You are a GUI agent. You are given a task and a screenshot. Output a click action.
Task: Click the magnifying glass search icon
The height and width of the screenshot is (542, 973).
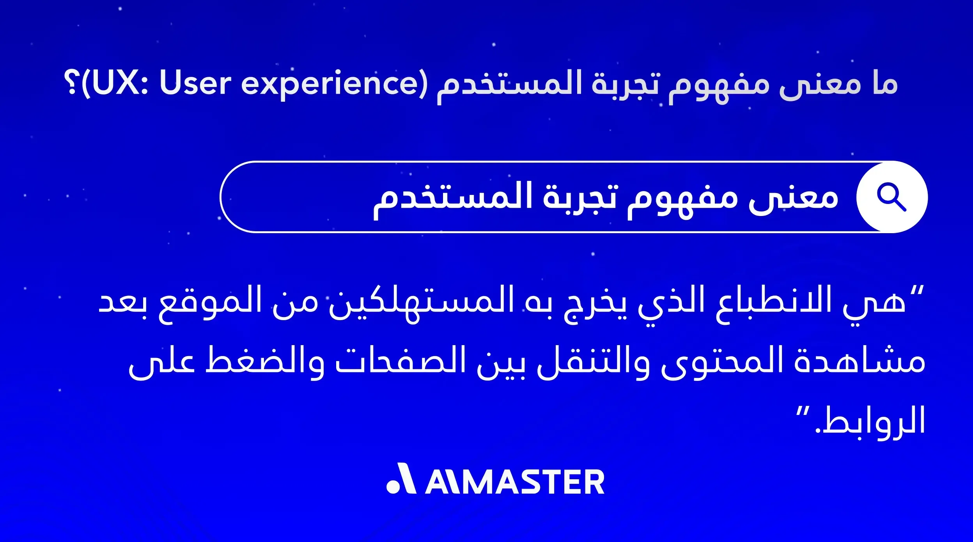pos(891,197)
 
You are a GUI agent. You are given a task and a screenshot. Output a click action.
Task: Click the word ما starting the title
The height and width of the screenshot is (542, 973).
pos(885,83)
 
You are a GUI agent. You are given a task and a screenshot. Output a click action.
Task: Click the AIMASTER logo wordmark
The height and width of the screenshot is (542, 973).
pos(515,482)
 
